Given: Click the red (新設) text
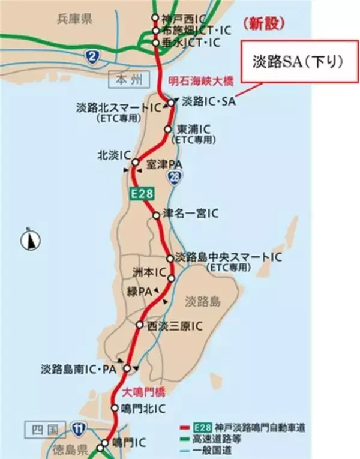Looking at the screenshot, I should pyautogui.click(x=265, y=23).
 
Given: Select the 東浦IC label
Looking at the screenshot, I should pyautogui.click(x=193, y=129).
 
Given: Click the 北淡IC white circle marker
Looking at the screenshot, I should pyautogui.click(x=136, y=162).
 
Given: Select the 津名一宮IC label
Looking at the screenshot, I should pyautogui.click(x=191, y=214).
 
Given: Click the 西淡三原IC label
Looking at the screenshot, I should pyautogui.click(x=174, y=325).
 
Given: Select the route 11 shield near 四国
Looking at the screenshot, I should pyautogui.click(x=79, y=428).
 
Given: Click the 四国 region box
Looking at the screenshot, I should pyautogui.click(x=45, y=430).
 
